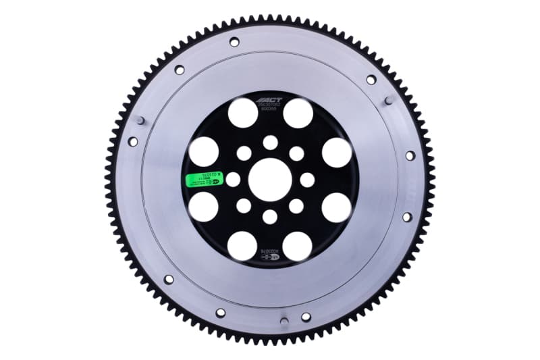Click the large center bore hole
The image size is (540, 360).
tap(270, 180)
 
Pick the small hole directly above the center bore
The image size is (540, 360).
tap(270, 143)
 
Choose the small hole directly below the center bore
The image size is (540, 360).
tap(270, 217)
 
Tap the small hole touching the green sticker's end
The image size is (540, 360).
tap(233, 180)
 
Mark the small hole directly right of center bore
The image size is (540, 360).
tap(307, 180)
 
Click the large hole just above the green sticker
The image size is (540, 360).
tap(203, 152)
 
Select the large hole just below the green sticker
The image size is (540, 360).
tap(203, 207)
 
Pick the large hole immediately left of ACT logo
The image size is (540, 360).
tap(242, 113)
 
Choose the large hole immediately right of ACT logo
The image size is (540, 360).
tap(298, 113)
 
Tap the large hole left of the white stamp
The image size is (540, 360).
tap(242, 247)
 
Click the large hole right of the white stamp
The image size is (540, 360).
tap(298, 247)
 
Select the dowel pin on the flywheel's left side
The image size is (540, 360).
tap(138, 120)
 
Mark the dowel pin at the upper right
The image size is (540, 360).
tap(388, 100)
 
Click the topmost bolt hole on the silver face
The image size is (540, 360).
tap(234, 42)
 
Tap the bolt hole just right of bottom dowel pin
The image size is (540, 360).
tap(306, 317)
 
